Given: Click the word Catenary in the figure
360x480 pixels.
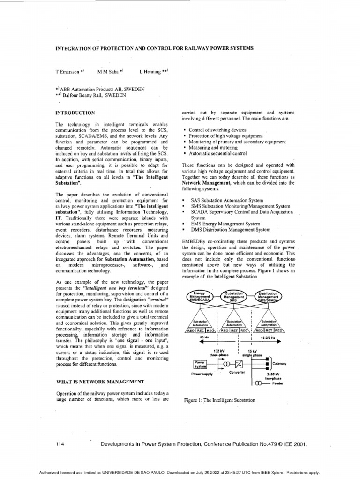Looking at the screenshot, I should click(279, 363).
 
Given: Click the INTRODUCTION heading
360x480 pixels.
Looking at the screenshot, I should click(75, 113).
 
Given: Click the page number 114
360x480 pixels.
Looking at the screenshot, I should click(60, 444).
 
